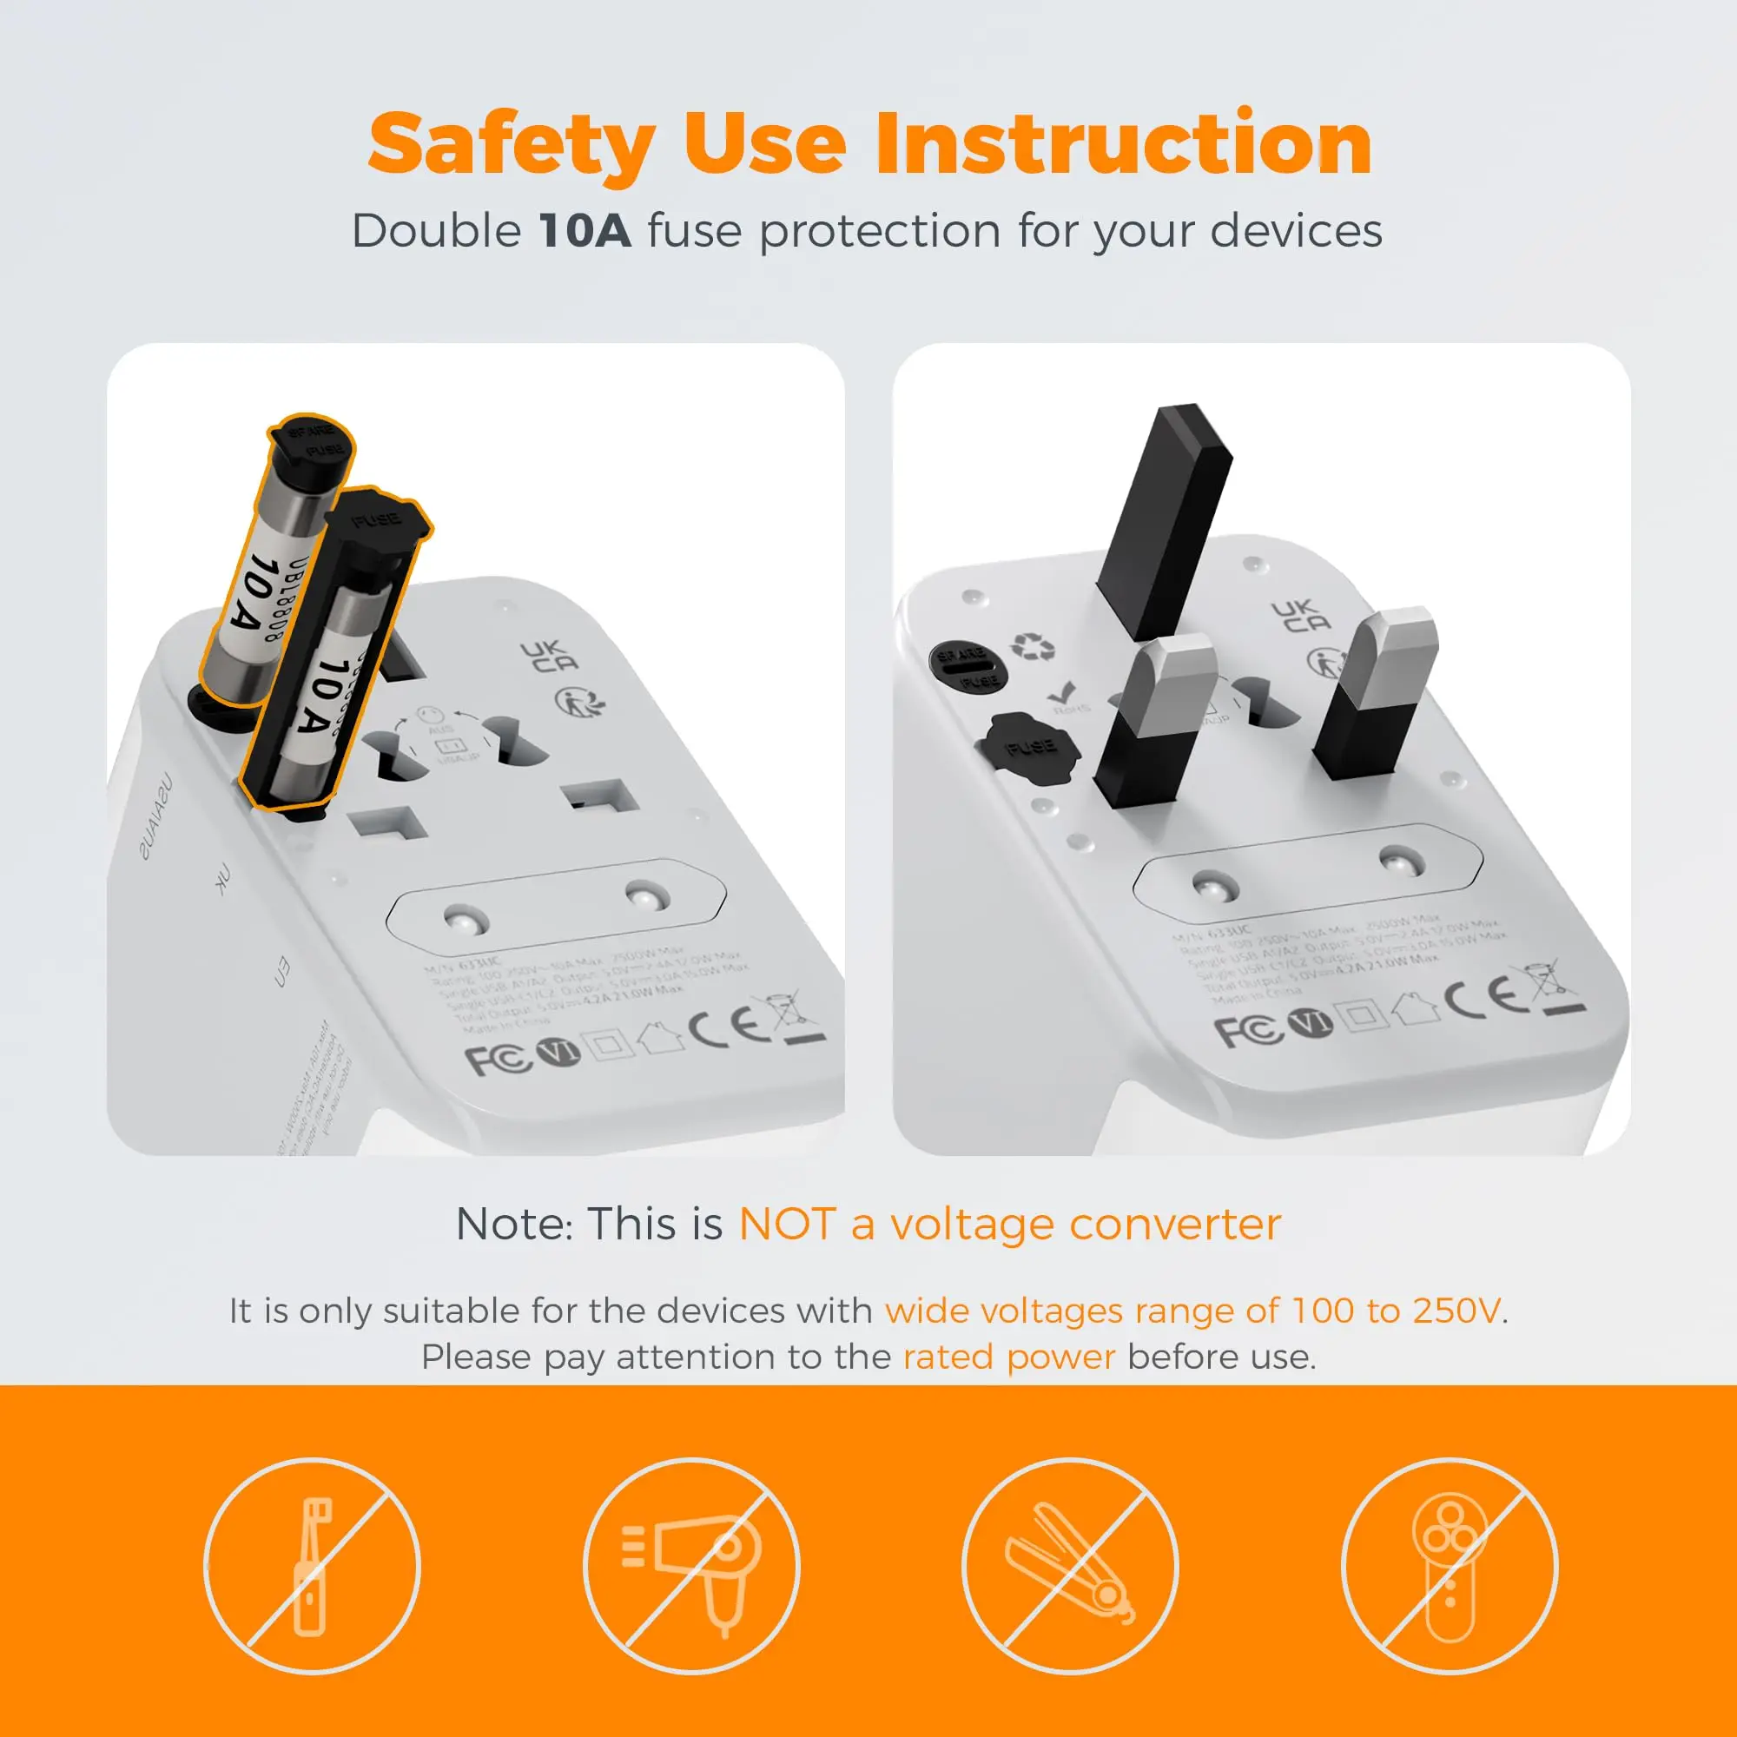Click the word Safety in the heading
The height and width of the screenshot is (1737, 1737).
pos(511,144)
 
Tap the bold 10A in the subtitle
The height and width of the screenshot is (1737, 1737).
pos(585,230)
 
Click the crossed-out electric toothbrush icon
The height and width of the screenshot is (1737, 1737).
pos(312,1565)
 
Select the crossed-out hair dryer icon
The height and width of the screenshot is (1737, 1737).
pos(690,1565)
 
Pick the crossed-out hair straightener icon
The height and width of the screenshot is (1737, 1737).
pos(1069,1565)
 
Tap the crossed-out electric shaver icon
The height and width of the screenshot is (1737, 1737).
pos(1449,1565)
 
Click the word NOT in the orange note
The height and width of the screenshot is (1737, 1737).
pos(786,1224)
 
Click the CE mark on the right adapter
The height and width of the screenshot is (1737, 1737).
pos(1485,996)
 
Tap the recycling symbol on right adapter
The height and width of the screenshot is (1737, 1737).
pos(1033,645)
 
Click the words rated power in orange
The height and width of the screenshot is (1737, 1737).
pos(1008,1356)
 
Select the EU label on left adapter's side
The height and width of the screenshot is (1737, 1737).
pos(281,972)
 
